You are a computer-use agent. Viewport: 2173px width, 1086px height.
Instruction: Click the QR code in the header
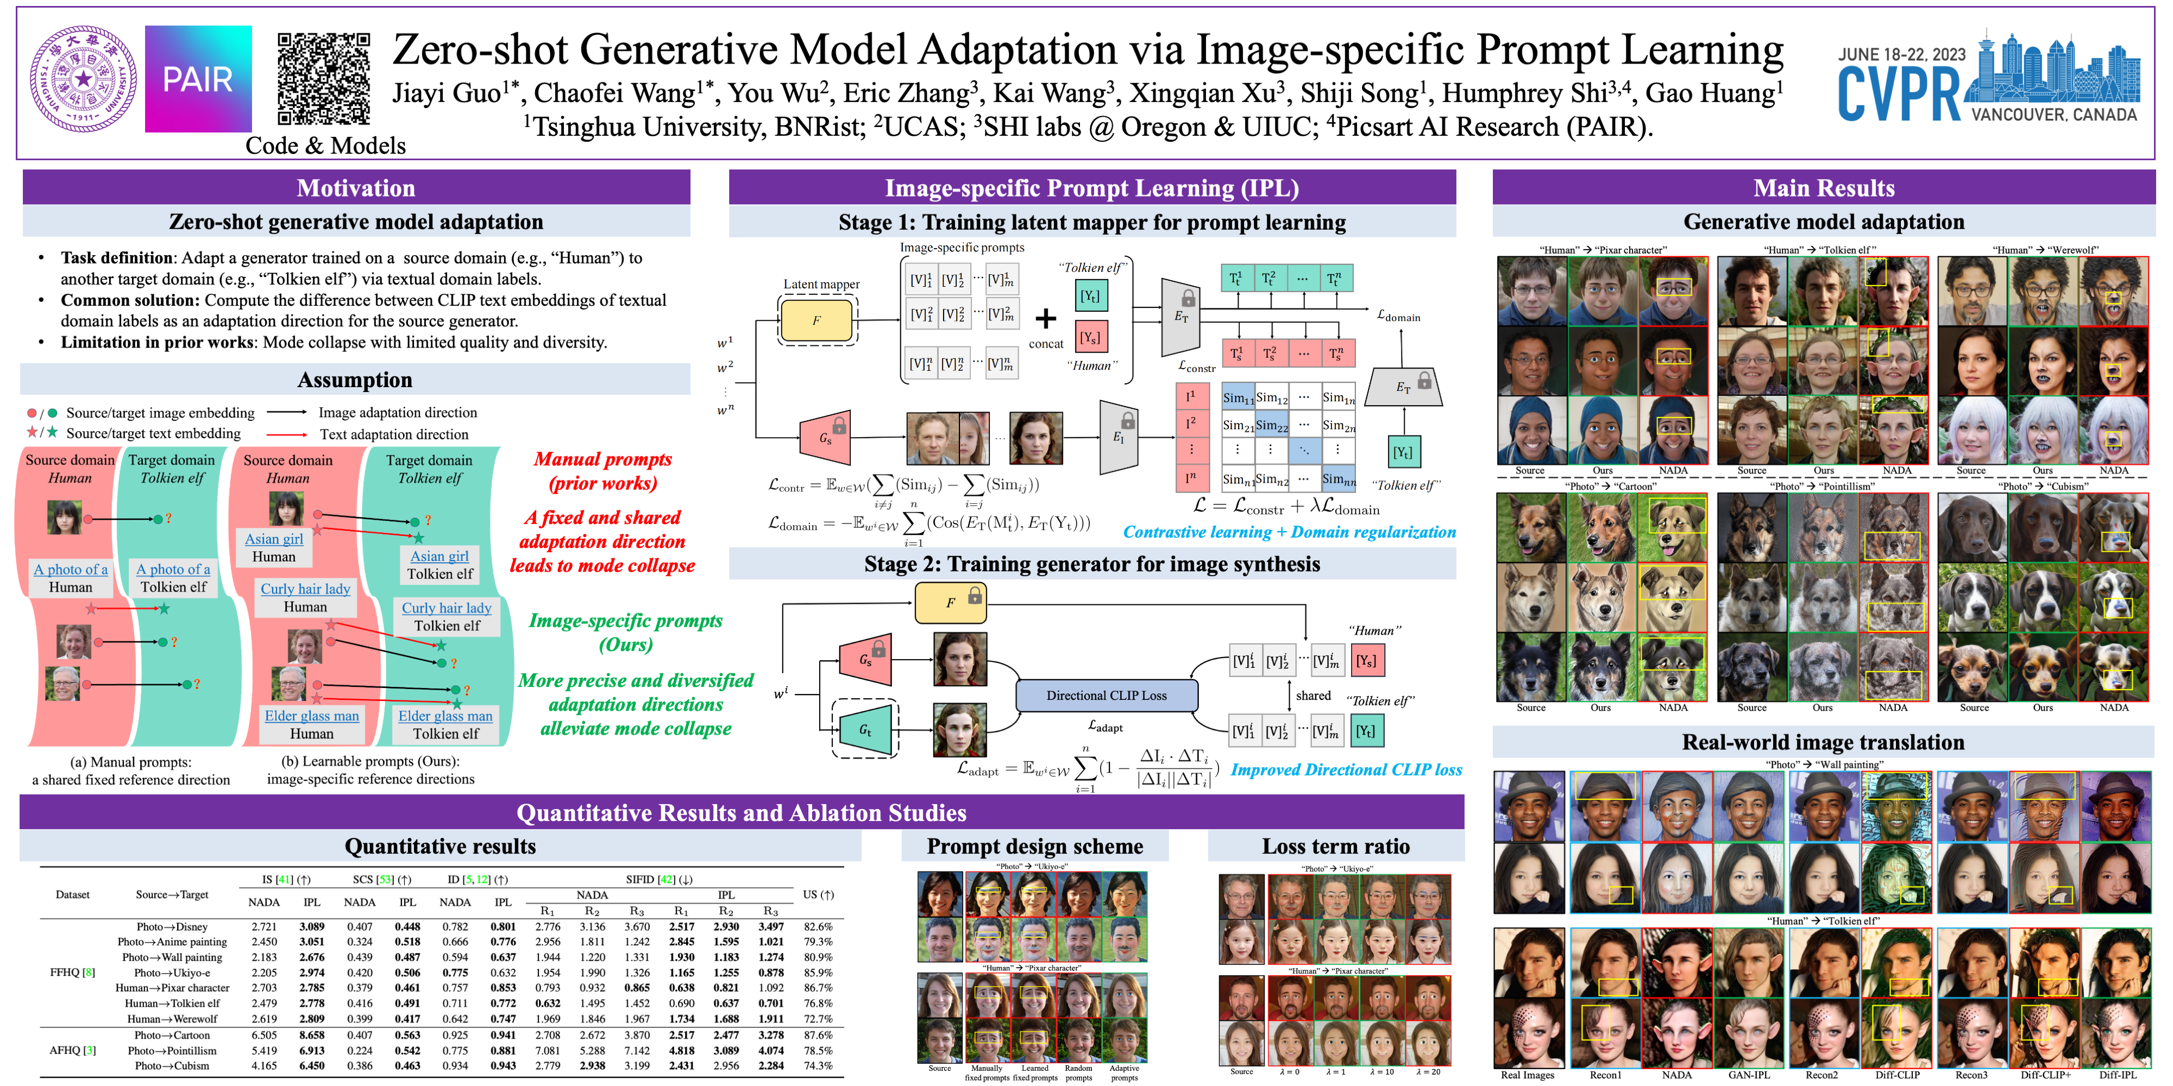coord(324,78)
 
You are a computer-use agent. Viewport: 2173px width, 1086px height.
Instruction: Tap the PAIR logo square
coord(198,78)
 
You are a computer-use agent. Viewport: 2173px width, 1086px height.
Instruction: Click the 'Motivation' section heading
coord(355,187)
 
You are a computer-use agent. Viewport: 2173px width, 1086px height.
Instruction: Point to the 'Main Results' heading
coord(1823,187)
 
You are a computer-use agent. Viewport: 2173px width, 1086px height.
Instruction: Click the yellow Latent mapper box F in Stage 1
coord(817,320)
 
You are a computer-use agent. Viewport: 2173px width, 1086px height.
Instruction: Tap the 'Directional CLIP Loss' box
coord(1106,696)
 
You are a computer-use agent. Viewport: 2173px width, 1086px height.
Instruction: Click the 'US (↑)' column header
coord(818,895)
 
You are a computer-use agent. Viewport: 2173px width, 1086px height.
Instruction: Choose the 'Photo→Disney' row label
coord(172,927)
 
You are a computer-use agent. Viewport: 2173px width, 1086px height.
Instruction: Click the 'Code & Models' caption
coord(325,146)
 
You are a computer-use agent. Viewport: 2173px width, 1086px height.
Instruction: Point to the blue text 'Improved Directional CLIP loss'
coord(1346,770)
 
